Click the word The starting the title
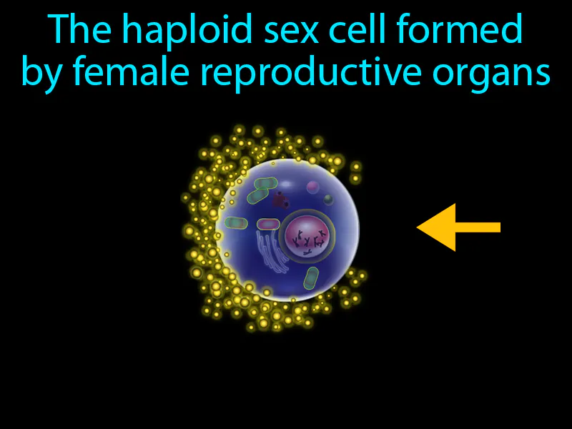[73, 30]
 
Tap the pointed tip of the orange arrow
[419, 227]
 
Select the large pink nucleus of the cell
[308, 236]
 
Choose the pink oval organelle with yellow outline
[267, 225]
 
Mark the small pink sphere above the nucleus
[312, 187]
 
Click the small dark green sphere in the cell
[328, 199]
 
